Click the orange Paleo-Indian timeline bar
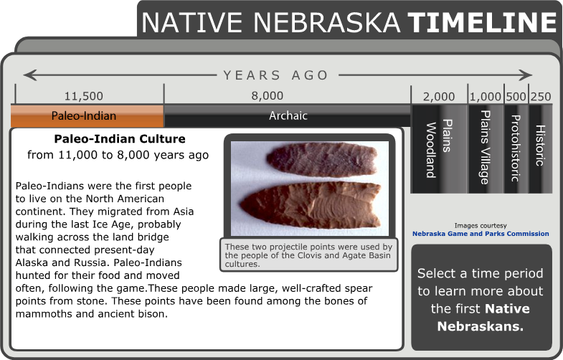point(87,116)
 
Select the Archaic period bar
point(287,116)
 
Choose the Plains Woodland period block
point(438,148)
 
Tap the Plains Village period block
point(486,148)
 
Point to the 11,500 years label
point(83,96)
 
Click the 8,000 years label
point(267,96)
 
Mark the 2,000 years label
point(439,97)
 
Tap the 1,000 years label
point(486,97)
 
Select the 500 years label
point(516,97)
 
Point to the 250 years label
point(541,97)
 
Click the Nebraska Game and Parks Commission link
point(481,234)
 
